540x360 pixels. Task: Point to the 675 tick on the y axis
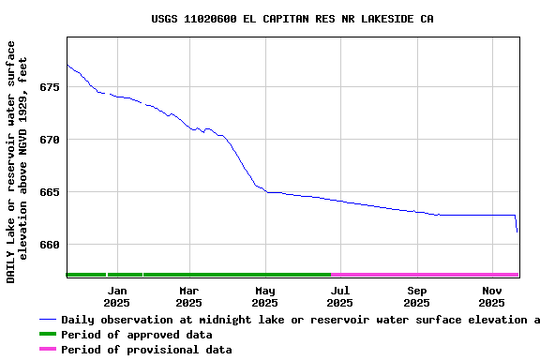pos(49,87)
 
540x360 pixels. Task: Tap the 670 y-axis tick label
pos(49,140)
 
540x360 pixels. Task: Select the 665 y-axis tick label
pos(49,192)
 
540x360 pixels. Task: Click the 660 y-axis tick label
pos(49,245)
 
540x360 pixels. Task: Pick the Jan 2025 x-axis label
pos(116,297)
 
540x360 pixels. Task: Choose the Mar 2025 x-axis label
pos(188,297)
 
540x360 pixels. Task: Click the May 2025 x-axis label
pos(265,297)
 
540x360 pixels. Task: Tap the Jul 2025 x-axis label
pos(340,297)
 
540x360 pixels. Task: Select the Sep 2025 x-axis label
pos(416,297)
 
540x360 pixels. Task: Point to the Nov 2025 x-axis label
pos(492,297)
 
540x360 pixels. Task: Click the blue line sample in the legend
pos(48,320)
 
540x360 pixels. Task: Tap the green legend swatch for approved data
pos(48,335)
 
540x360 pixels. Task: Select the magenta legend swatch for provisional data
pos(48,350)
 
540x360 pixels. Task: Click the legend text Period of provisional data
pos(146,350)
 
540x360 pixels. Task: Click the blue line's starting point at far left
pos(67,65)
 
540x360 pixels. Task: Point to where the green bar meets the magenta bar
pos(332,275)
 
